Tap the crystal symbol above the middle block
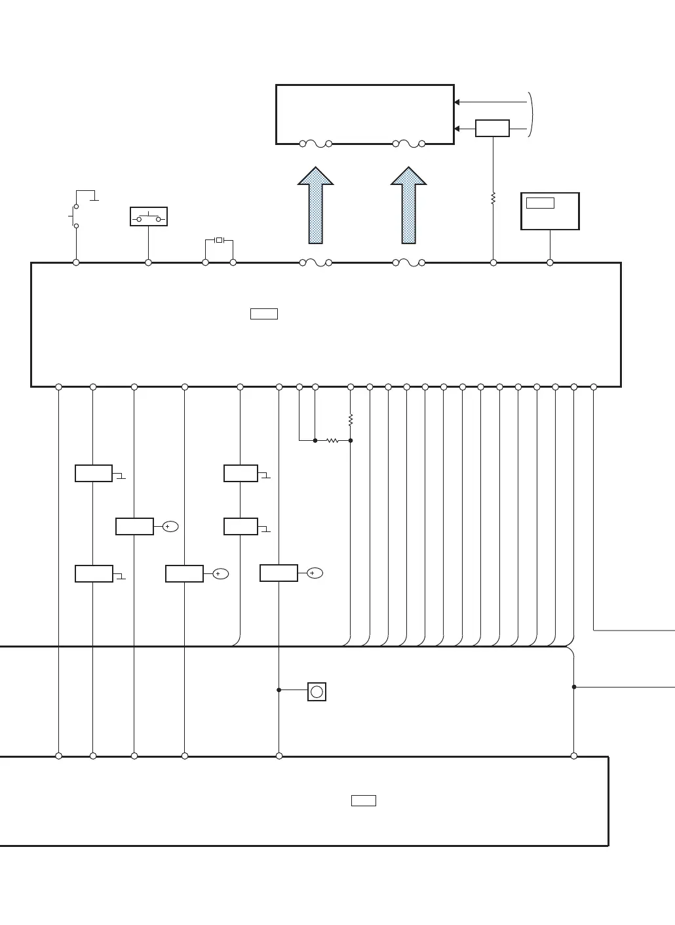tap(219, 240)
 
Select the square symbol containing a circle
tap(317, 691)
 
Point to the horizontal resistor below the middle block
tap(333, 440)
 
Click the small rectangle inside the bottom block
tap(364, 800)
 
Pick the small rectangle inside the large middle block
tap(264, 314)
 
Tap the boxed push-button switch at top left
tap(149, 216)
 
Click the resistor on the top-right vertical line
tap(493, 197)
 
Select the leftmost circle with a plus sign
tap(170, 526)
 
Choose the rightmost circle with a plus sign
tap(315, 573)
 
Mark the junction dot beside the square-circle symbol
tap(279, 690)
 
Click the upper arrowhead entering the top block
tap(457, 102)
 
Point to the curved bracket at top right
tap(531, 115)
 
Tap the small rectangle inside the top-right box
tap(540, 203)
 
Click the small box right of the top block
tap(492, 129)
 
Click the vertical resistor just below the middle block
tap(351, 419)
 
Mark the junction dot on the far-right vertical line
tap(574, 687)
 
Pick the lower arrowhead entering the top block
tap(457, 129)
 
